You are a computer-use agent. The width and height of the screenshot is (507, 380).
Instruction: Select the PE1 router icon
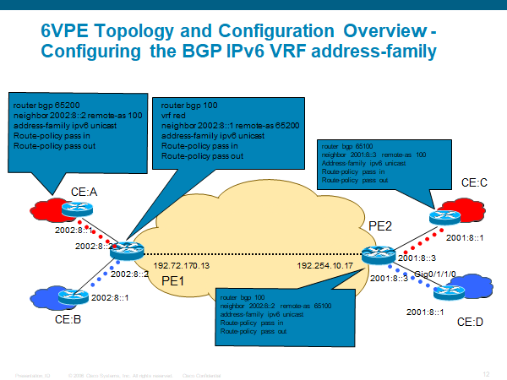128,250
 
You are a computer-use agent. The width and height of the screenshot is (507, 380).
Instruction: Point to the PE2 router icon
373,253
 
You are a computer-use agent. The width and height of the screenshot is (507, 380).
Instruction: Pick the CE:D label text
470,322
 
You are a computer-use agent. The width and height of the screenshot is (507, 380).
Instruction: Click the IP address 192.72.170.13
180,265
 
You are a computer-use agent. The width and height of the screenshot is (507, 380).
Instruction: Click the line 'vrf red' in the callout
174,113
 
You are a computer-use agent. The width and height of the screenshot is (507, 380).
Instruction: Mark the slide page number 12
486,373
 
